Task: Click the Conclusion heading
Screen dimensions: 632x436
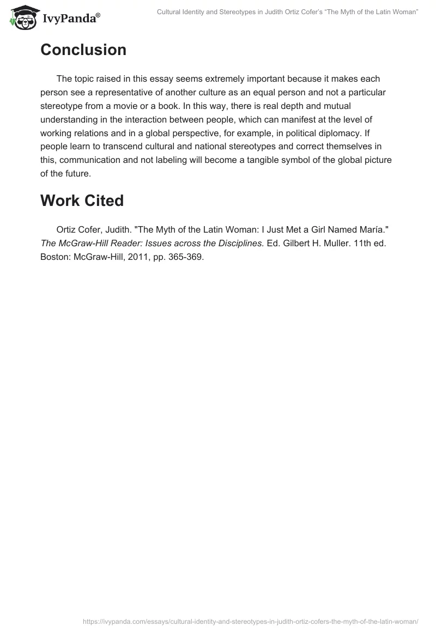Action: point(83,50)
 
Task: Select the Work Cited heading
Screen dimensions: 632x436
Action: point(82,200)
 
